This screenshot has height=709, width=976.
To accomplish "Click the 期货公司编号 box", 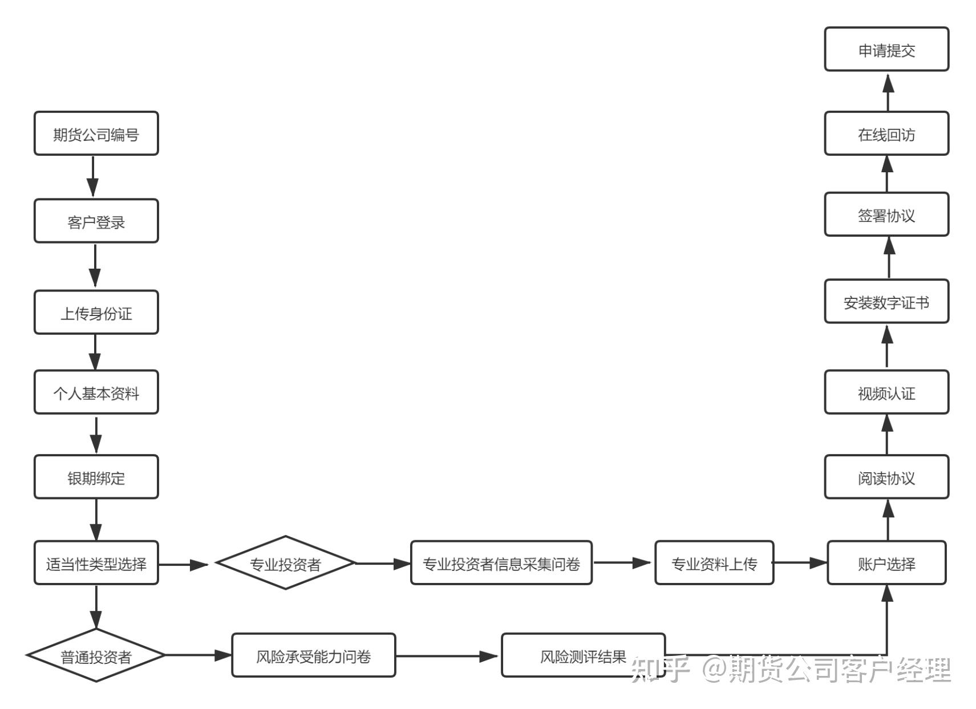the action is click(96, 133).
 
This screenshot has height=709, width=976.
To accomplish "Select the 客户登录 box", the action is click(96, 221).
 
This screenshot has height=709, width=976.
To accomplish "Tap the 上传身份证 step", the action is click(96, 313).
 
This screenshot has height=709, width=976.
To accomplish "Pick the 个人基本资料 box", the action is click(96, 392).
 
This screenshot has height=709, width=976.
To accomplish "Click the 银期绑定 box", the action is click(96, 477).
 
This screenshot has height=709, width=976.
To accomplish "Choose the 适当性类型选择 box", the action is click(96, 563).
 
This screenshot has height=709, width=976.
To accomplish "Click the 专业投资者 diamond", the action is click(285, 563).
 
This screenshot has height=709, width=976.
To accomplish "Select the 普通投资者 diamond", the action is click(96, 655).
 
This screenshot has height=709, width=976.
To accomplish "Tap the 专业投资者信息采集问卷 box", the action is click(501, 563).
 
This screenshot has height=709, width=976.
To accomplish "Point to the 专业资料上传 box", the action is click(714, 563).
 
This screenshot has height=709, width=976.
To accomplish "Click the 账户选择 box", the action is click(886, 563).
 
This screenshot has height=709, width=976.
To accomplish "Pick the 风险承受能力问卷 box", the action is click(313, 655).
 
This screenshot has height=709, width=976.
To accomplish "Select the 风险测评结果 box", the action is click(583, 655).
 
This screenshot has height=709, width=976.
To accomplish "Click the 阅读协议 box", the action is click(886, 477).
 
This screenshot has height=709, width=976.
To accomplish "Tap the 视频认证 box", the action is click(886, 392).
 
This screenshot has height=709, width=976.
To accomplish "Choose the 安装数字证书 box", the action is click(886, 302).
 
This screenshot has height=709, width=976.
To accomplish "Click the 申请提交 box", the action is click(886, 50).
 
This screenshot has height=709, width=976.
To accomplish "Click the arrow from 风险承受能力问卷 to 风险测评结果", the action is click(448, 656).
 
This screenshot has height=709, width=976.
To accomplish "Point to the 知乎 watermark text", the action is click(661, 670).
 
